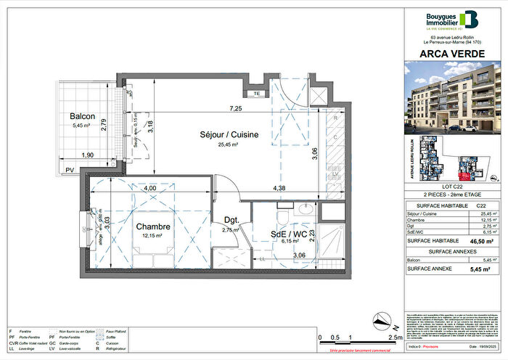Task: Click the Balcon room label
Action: tap(84, 117)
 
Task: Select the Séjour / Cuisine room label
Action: tap(230, 134)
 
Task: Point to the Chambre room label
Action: tap(152, 226)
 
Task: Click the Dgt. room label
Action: tap(231, 220)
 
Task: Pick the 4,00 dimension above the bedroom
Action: tap(149, 188)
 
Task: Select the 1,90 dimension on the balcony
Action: tap(86, 155)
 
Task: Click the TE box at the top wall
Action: tap(255, 94)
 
